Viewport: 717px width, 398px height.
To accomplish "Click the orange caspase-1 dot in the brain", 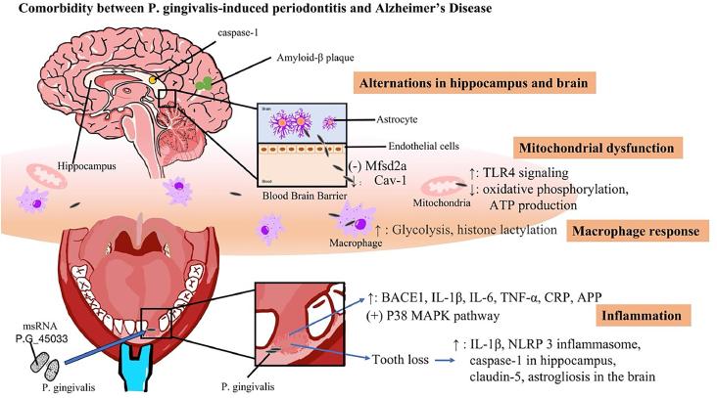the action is point(153,80).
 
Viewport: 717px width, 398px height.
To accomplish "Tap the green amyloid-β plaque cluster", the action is point(204,83).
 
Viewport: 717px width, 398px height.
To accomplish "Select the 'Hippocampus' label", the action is point(87,166).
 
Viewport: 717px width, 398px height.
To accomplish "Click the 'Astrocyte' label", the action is point(397,119).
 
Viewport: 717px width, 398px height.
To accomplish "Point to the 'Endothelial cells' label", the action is point(423,146).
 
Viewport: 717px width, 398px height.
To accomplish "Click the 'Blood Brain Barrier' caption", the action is point(305,196).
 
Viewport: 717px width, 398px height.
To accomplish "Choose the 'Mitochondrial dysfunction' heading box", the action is point(597,148).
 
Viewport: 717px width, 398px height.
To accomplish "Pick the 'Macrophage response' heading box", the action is point(636,231).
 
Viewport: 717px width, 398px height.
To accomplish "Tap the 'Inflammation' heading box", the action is point(642,316).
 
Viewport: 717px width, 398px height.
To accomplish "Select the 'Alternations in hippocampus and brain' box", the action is point(474,83).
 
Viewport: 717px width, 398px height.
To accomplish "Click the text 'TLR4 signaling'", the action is point(526,173).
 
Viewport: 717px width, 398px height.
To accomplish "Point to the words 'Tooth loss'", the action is point(401,360).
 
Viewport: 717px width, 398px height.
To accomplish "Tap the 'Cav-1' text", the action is point(390,180).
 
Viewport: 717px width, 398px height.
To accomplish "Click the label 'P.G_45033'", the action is point(41,338).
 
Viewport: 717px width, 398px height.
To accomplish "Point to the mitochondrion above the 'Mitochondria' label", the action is point(441,187).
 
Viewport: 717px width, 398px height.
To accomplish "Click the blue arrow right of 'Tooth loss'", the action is point(445,360).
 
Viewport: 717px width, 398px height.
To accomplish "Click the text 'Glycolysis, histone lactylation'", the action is point(474,230).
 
